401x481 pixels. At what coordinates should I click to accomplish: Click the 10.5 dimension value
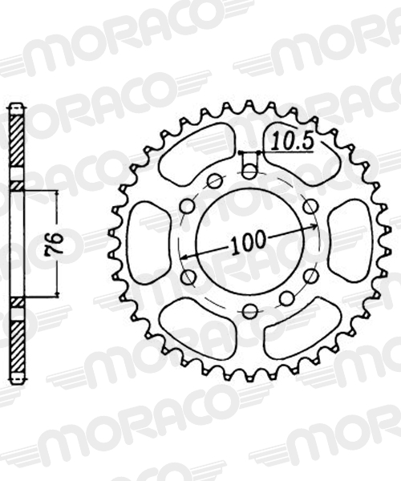click(x=293, y=141)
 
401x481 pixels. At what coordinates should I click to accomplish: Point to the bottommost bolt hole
click(x=250, y=312)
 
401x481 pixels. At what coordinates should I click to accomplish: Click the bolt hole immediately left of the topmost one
click(x=214, y=181)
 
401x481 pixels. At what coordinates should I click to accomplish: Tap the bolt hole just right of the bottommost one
click(x=287, y=298)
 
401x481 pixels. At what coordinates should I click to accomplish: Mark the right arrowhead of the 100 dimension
click(x=315, y=226)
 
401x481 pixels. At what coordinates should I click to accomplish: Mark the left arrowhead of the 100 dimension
click(x=185, y=257)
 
